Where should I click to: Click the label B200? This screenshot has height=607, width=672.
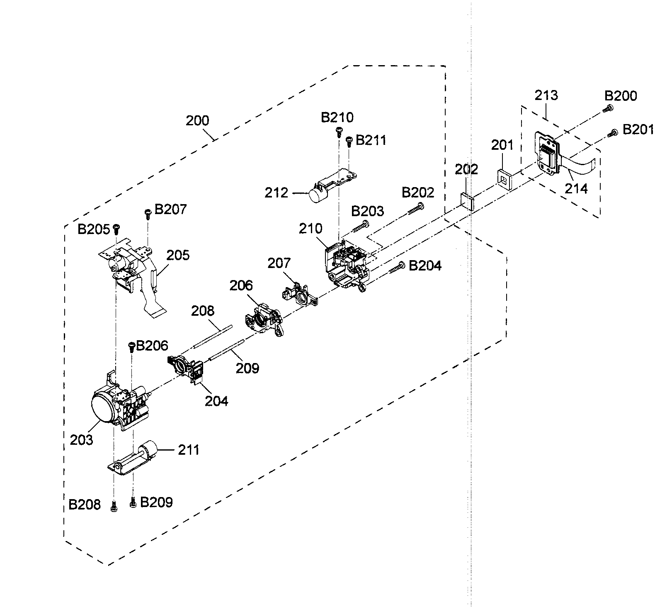tap(621, 96)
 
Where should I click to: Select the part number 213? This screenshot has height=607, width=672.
tap(546, 95)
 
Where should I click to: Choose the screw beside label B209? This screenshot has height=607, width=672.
tap(133, 502)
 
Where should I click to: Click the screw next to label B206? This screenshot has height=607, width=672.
tap(132, 346)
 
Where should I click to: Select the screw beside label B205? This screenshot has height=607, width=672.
tap(116, 228)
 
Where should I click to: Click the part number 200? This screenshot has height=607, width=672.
tap(197, 121)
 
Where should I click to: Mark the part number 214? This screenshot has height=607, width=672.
tap(576, 188)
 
